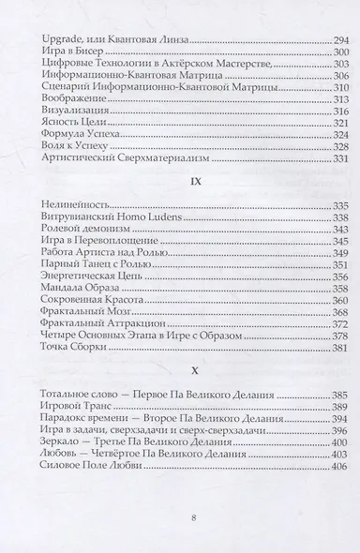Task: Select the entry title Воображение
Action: pos(62,98)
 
